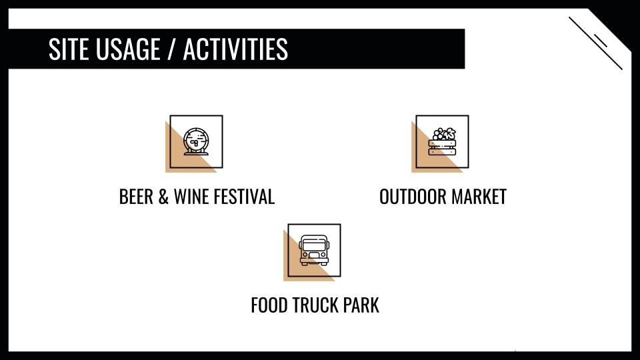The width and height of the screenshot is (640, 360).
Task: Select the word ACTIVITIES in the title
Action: (x=235, y=49)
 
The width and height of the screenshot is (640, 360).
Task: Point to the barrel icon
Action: (x=196, y=141)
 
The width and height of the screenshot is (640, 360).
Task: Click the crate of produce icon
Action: (x=443, y=141)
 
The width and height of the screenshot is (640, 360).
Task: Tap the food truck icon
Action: (x=314, y=250)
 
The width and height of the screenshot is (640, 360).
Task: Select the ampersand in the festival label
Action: (x=163, y=197)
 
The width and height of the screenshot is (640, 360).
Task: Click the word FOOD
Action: (x=269, y=305)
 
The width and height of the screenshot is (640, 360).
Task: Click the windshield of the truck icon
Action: (x=314, y=245)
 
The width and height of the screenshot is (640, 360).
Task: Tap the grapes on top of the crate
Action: (x=439, y=134)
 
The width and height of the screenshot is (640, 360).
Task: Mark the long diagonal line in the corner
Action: (x=595, y=43)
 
